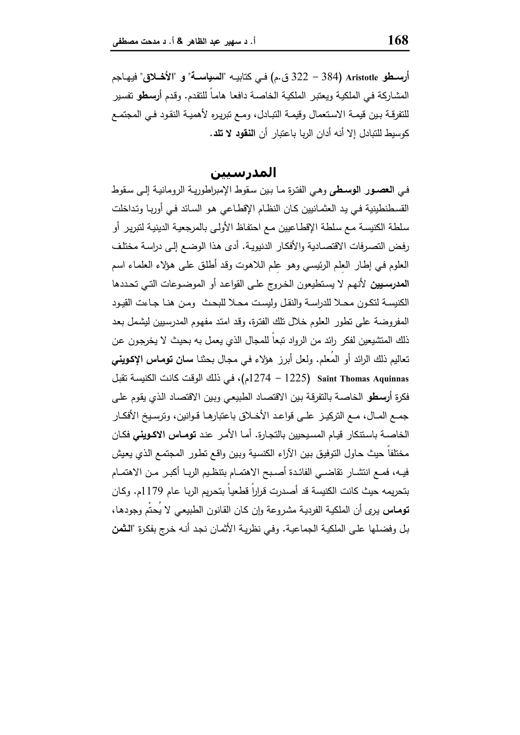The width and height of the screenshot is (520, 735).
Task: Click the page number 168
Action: coord(398,40)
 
